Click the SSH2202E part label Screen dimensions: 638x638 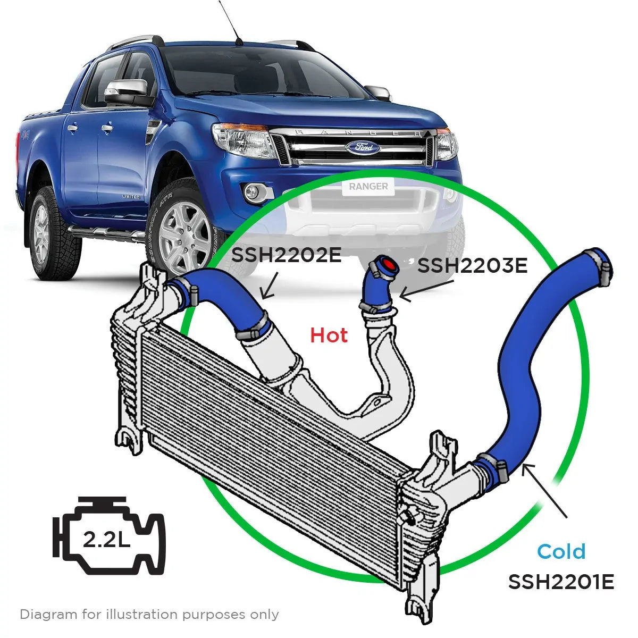286,256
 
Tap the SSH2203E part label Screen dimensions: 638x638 473,265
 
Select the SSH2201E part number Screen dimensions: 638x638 561,582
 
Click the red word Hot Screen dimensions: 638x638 329,335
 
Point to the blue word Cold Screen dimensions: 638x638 561,551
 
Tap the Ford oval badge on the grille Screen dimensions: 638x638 363,147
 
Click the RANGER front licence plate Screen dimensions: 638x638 368,187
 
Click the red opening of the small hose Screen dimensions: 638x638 388,265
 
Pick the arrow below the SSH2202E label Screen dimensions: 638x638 268,287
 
